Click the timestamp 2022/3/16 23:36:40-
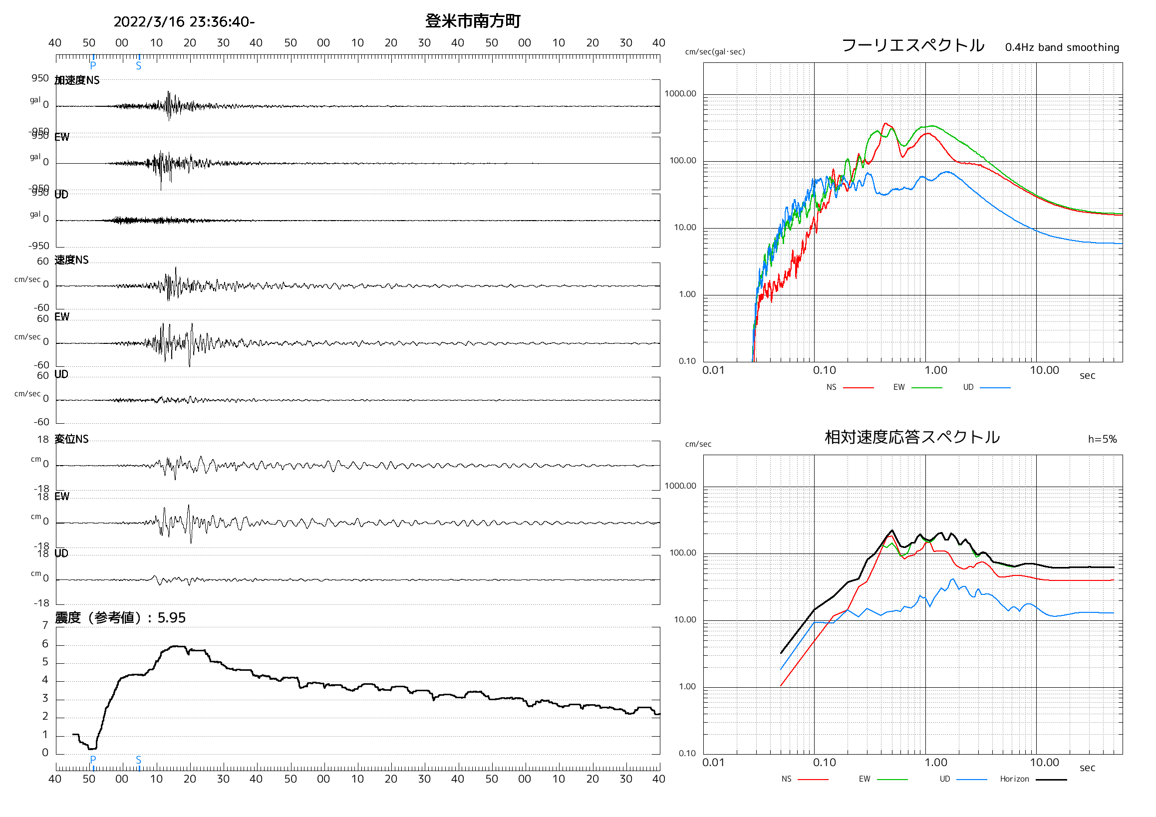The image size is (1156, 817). pos(184,21)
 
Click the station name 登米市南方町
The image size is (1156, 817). pos(472,21)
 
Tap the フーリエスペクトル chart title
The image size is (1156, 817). pos(912,45)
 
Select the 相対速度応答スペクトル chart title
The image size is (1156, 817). pos(912,437)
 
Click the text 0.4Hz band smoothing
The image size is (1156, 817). pos(1062,47)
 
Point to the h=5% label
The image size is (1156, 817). pos(1102,439)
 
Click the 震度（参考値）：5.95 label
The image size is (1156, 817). pos(120,618)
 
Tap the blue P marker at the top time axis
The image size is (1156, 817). pos(93,64)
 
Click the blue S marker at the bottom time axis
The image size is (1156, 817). pos(138,760)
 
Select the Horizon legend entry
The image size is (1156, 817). pos(1014,779)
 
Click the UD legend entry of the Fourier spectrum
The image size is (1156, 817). pos(968,387)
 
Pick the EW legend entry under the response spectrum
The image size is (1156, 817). pos(864,779)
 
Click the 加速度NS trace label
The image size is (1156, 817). pos(77,80)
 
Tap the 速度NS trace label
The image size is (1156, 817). pos(71,260)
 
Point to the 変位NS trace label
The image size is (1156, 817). pos(71,439)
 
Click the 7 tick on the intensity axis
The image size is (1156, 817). pos(45,625)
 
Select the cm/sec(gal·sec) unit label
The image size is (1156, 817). pos(714,52)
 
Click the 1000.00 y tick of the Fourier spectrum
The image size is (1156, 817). pos(680,94)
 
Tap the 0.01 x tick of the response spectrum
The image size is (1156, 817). pos(713,763)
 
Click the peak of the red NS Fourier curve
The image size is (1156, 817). pos(885,123)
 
